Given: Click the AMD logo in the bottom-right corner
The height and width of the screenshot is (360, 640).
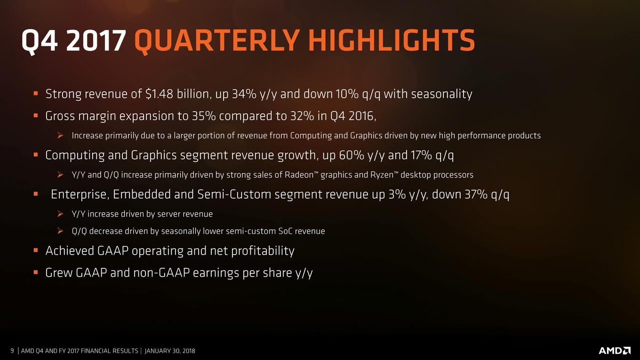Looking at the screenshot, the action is (614, 351).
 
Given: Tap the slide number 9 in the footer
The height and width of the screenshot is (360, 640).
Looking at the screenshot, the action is (12, 351).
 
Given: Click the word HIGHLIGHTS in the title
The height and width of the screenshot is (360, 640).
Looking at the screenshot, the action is (392, 40).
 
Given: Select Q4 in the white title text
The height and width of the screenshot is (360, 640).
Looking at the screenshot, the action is (40, 41).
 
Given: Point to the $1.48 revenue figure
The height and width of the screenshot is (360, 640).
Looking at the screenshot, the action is (159, 94).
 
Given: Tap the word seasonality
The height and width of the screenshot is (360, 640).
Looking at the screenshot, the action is (441, 94).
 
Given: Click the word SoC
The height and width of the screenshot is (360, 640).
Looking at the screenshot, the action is (286, 231).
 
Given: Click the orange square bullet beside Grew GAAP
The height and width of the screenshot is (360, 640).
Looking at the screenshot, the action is (36, 272).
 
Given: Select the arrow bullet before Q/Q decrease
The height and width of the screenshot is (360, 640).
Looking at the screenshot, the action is (60, 231).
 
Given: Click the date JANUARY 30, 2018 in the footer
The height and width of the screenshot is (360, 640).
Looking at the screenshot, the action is (170, 351).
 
